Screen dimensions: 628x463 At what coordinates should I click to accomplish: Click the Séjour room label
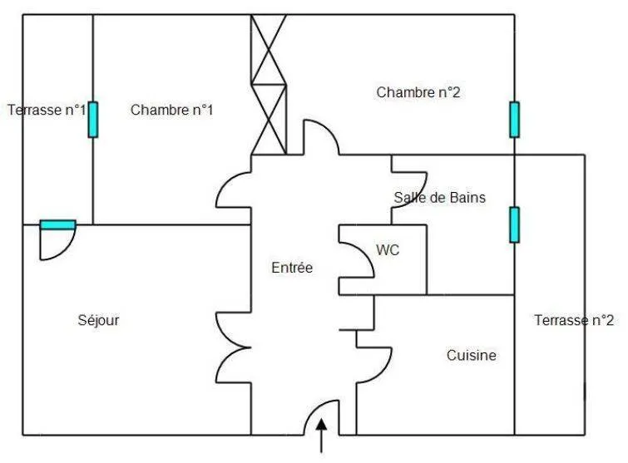[98, 320]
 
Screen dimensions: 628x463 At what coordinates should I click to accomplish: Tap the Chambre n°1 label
[172, 110]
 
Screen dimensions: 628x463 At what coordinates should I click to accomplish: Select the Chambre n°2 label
[418, 92]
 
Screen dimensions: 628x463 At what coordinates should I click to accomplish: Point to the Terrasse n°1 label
[47, 110]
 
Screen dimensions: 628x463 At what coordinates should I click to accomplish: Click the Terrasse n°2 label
[574, 320]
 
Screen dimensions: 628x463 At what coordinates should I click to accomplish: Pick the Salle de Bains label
[440, 197]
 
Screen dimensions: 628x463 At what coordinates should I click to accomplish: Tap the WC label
[388, 250]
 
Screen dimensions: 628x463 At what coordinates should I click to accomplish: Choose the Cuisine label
[472, 355]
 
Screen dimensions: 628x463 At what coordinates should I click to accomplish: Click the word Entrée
[292, 268]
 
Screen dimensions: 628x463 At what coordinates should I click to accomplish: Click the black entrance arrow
[321, 436]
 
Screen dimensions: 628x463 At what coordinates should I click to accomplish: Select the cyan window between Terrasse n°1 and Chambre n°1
[93, 120]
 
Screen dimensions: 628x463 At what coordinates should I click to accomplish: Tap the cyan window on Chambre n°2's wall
[515, 120]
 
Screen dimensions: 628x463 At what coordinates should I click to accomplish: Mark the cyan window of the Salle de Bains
[515, 225]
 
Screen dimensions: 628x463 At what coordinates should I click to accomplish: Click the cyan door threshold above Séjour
[58, 225]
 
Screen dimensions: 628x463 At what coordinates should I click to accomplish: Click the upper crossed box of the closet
[269, 50]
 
